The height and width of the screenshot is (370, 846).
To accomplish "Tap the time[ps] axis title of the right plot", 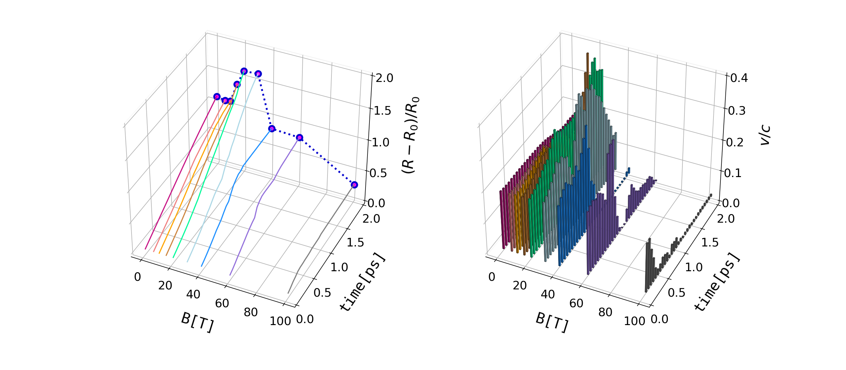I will point(717,283).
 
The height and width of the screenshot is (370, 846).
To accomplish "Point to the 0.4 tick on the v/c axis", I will point(739,78).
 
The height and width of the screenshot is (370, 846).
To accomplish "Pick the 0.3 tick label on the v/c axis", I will point(737,110).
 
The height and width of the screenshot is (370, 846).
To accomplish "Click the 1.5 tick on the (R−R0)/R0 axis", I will point(382,111).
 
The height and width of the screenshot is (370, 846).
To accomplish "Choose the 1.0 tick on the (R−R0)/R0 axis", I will point(380,142).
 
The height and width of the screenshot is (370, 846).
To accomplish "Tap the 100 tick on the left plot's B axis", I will point(280,321).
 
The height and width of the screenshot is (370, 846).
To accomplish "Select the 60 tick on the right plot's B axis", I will point(576,303).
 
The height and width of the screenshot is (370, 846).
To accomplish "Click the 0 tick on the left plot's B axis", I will point(137,277).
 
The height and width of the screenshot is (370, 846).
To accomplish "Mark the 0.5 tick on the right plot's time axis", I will point(676,293).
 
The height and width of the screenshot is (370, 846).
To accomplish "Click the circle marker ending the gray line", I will point(354,185).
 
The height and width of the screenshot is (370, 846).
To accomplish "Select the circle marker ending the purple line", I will point(299,137).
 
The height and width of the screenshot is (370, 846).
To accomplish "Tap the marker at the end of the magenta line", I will point(217,96).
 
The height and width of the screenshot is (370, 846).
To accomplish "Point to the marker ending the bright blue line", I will point(272,129).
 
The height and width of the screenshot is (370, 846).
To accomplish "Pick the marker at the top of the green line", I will point(244,71).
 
